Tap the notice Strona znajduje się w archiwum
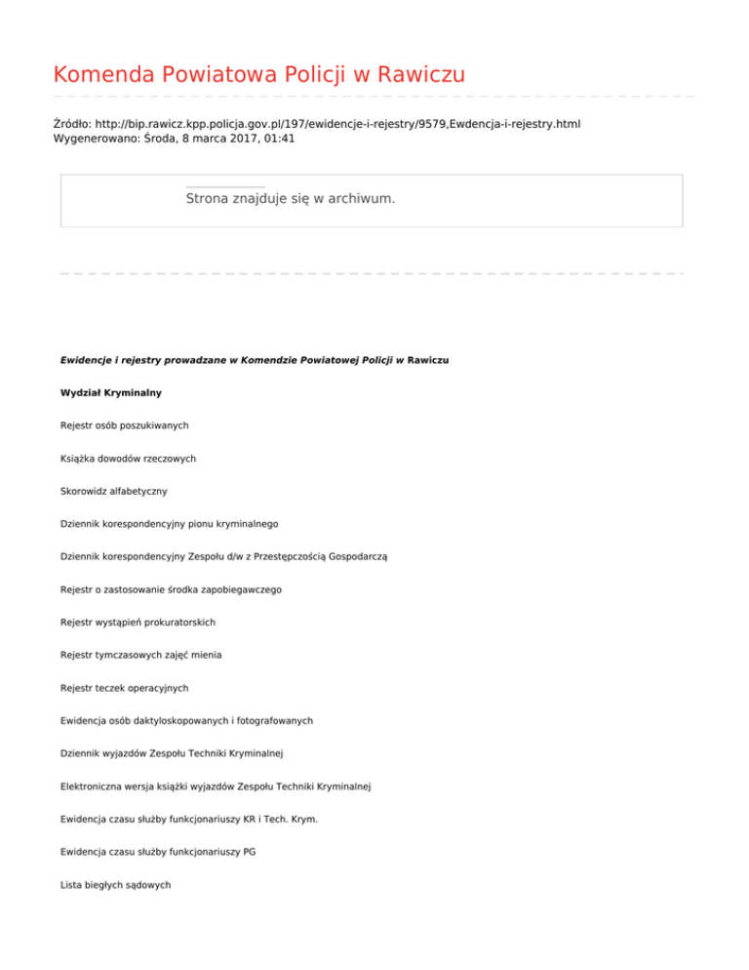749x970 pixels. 290,198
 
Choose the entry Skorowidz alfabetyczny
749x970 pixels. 120,491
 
